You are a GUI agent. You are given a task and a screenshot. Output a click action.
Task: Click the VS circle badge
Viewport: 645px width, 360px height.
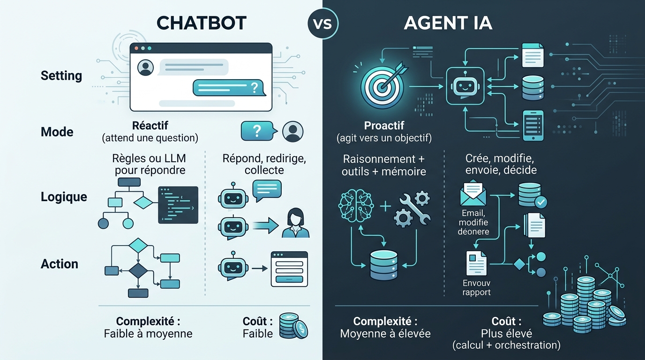323,23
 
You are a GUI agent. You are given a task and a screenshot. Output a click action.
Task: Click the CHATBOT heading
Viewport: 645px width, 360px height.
201,23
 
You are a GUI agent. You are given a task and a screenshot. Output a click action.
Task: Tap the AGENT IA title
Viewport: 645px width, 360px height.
448,23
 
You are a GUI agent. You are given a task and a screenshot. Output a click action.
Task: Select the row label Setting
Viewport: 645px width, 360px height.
61,76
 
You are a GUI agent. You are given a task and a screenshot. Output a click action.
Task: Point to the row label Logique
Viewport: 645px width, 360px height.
64,197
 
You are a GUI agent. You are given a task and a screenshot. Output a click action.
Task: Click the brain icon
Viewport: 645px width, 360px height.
356,206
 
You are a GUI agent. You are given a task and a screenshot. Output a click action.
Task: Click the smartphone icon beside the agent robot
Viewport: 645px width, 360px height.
533,126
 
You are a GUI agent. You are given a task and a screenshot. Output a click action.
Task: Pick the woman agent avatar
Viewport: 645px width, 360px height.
295,223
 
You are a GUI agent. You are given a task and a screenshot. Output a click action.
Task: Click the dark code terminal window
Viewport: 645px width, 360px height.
178,205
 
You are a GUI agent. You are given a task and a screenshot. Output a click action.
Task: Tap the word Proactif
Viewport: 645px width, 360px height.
384,126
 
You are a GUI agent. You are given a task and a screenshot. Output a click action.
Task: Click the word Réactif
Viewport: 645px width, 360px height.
150,126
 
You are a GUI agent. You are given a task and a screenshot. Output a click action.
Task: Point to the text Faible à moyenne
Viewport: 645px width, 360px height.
148,334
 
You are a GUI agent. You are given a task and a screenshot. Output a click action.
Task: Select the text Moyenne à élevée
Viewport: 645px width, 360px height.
385,334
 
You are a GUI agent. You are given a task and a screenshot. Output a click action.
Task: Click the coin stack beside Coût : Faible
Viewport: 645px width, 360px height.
293,326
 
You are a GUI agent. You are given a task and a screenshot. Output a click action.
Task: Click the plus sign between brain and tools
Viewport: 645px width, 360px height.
385,207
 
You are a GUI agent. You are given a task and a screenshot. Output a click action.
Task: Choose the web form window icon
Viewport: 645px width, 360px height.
289,269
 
